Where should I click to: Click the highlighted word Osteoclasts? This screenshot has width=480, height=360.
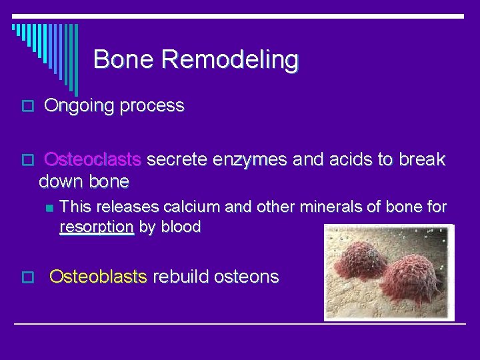click(x=93, y=160)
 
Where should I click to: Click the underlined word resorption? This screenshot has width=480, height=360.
click(x=97, y=227)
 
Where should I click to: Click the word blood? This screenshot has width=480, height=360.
click(x=180, y=227)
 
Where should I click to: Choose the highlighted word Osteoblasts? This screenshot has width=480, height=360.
click(x=98, y=277)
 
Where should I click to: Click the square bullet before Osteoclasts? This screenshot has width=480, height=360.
click(x=27, y=161)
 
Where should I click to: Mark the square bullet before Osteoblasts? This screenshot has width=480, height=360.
click(x=27, y=277)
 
